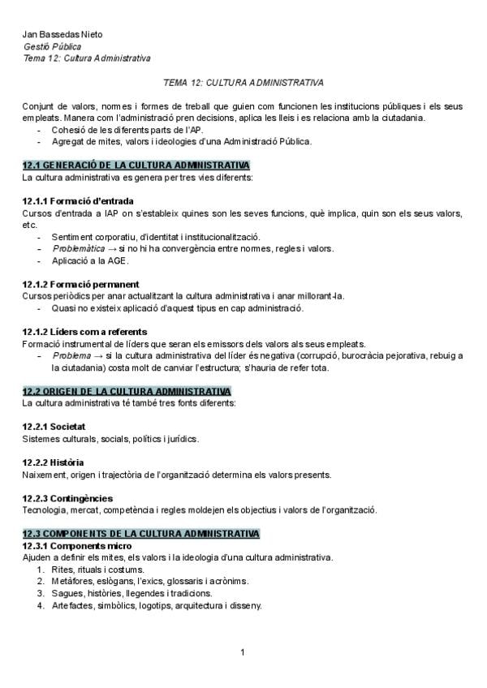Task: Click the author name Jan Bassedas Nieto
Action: (x=63, y=35)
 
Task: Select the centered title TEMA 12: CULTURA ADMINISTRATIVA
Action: (x=243, y=83)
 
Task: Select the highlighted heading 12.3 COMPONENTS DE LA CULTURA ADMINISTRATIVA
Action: (x=141, y=534)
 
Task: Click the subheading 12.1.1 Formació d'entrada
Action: (x=79, y=200)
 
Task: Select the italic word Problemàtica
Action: (x=79, y=248)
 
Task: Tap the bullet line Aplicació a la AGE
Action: (x=90, y=260)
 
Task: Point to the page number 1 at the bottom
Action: (x=243, y=652)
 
